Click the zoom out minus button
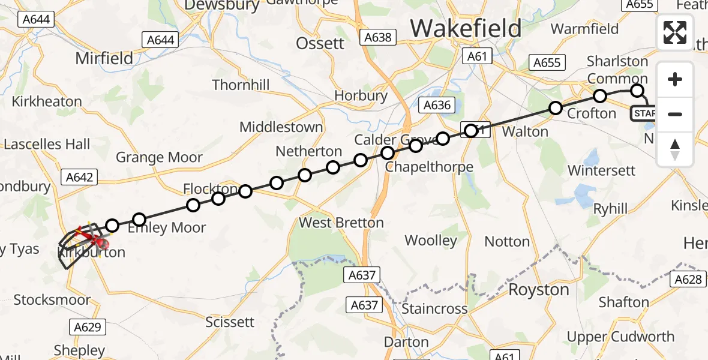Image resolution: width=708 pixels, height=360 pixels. point(675,114)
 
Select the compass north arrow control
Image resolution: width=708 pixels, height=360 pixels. point(675,149)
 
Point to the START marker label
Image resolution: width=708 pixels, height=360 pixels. point(644,113)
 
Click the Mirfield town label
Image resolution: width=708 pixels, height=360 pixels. point(104,58)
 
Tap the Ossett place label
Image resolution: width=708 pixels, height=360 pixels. point(321,43)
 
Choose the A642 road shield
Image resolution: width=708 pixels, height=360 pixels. point(78,177)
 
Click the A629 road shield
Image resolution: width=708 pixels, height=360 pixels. point(88,327)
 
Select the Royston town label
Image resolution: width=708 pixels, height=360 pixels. point(539,290)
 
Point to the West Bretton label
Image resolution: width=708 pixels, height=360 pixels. point(341,223)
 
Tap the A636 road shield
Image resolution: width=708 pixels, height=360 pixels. point(437,106)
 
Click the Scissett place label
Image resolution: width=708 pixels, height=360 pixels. point(230,322)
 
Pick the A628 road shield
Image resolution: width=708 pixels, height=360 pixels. point(688,279)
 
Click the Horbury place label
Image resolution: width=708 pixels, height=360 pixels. point(361,95)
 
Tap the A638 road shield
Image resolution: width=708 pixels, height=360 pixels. point(378,38)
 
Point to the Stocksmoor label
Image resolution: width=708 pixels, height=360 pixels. point(52,300)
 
